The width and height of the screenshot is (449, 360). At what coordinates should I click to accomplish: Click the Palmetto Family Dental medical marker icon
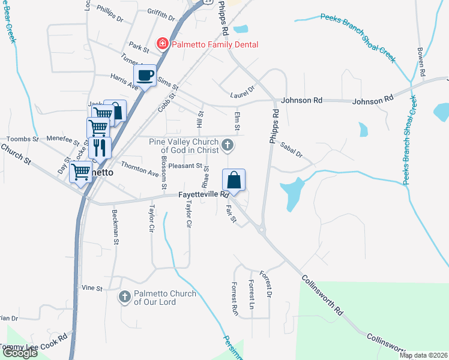pyautogui.click(x=162, y=44)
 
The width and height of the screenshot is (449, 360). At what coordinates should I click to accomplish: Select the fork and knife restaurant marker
pyautogui.click(x=100, y=148)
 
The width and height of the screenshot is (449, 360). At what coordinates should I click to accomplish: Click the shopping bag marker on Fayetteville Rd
pyautogui.click(x=234, y=179)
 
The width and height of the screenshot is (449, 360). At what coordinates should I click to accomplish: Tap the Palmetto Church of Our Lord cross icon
pyautogui.click(x=125, y=296)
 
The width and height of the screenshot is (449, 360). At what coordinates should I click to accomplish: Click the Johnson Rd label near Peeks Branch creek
pyautogui.click(x=372, y=100)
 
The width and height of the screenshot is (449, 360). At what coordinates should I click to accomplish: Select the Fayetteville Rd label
pyautogui.click(x=204, y=195)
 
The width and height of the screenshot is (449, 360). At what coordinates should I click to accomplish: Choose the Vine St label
pyautogui.click(x=92, y=289)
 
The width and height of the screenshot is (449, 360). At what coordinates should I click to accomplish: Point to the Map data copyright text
pyautogui.click(x=423, y=355)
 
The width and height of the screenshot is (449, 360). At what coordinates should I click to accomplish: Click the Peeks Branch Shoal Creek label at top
pyautogui.click(x=359, y=37)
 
